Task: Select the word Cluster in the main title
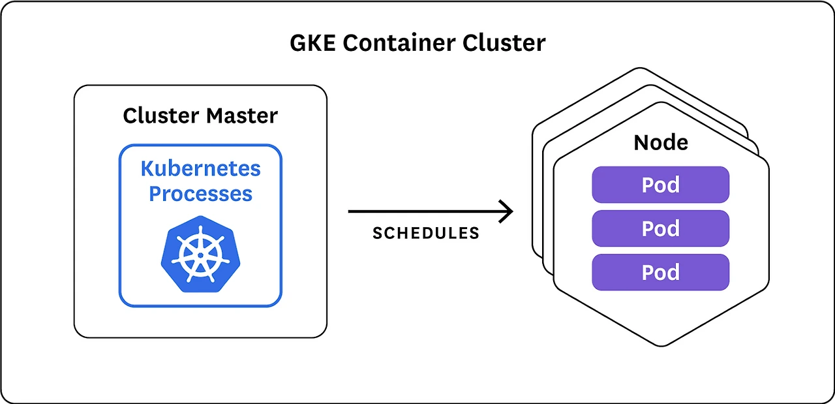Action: coord(504,43)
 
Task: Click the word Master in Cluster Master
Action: coord(242,116)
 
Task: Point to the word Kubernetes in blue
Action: coord(200,168)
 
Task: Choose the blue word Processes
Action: coord(200,194)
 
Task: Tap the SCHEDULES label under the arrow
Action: coord(426,234)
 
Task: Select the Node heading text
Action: coord(660,142)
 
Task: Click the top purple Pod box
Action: coord(660,185)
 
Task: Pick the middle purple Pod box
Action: coord(660,228)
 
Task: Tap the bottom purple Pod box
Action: coord(660,272)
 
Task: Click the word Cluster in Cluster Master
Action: coord(161,116)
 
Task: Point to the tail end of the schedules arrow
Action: coord(350,211)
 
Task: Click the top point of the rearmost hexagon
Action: coord(640,67)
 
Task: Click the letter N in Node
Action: coord(641,142)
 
